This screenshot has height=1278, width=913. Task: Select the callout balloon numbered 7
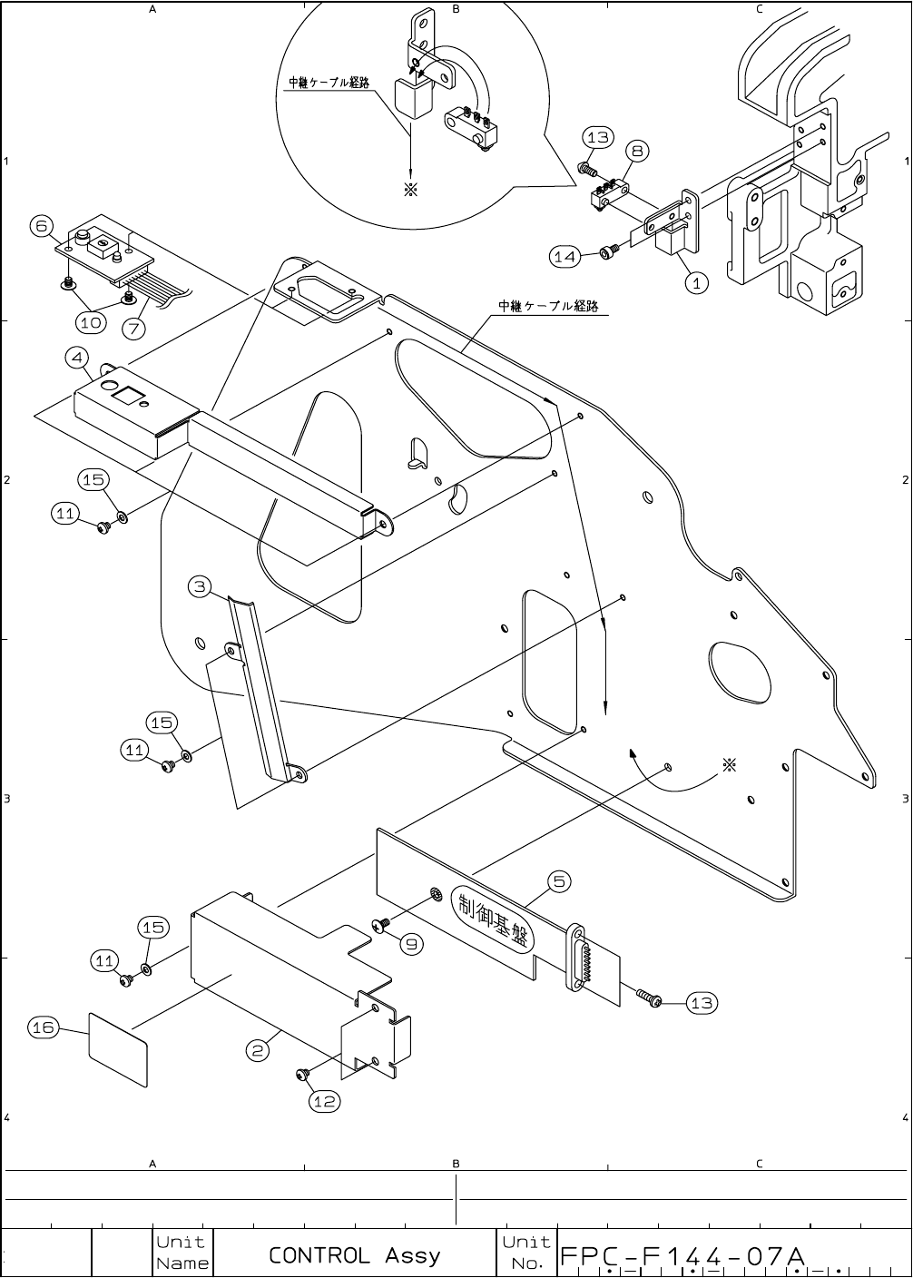[133, 325]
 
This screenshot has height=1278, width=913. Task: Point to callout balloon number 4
[77, 358]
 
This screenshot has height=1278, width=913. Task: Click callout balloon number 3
[201, 586]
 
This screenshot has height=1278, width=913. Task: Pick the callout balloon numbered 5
[559, 880]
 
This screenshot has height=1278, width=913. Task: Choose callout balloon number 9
[411, 944]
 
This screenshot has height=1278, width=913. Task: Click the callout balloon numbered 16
[44, 1027]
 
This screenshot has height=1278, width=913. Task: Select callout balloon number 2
[259, 1050]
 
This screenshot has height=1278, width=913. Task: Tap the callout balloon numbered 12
[324, 1101]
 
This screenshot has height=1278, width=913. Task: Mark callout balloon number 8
[637, 151]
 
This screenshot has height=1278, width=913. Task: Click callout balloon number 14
[565, 257]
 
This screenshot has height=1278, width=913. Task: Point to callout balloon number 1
[696, 283]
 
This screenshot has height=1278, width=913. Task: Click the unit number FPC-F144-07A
[683, 1256]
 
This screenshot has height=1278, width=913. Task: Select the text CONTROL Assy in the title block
[354, 1255]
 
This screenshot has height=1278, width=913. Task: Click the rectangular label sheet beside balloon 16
[118, 1048]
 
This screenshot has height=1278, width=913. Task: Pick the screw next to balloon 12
[302, 1076]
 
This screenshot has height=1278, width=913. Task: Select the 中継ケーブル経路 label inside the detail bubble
[329, 83]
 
